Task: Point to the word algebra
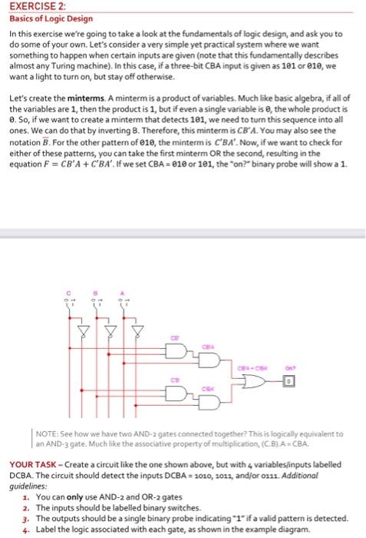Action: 256,100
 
